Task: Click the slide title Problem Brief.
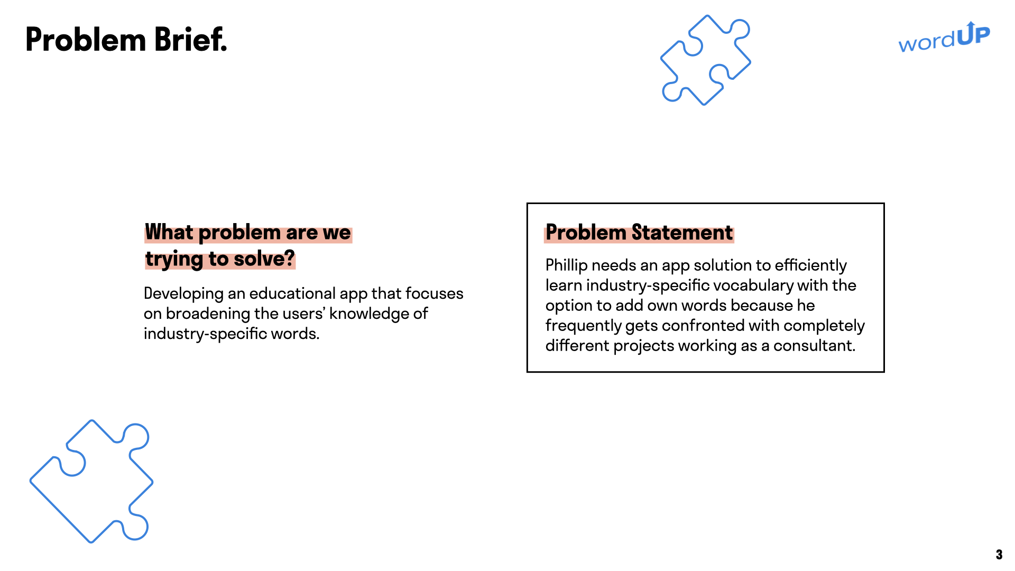(126, 40)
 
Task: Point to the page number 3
(999, 555)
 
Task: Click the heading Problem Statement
(639, 233)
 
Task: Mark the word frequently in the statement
(583, 326)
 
